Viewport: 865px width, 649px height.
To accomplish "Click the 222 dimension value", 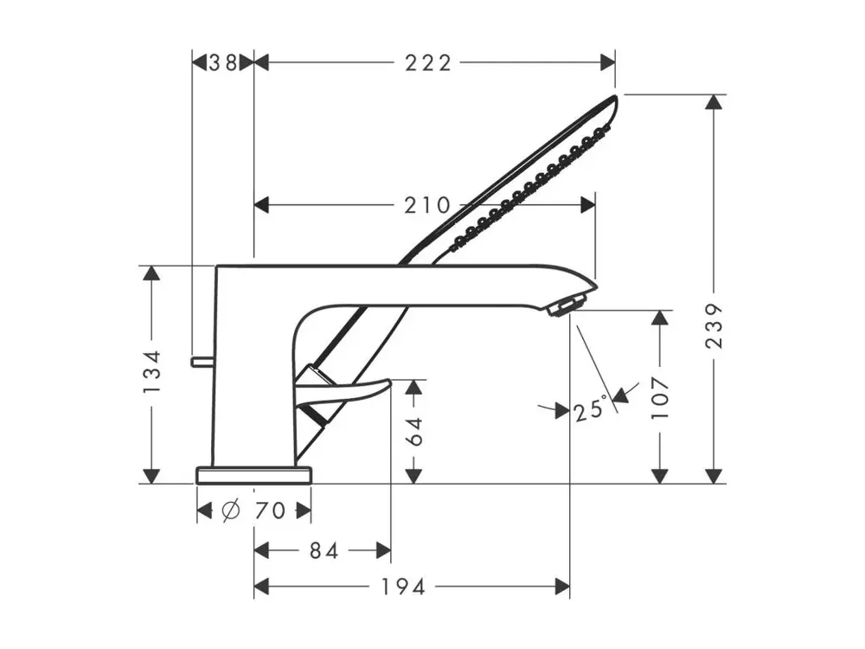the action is [428, 63].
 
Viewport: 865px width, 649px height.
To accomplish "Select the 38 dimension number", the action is [223, 63].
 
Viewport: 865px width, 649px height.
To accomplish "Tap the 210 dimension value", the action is [427, 205].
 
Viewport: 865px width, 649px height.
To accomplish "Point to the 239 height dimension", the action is [714, 325].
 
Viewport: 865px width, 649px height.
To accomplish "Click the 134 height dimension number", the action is [151, 371].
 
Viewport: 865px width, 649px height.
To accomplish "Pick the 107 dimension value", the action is [660, 397].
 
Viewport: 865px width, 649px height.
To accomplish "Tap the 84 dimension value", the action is [324, 550].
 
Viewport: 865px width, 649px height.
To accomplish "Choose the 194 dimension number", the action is [403, 587].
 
